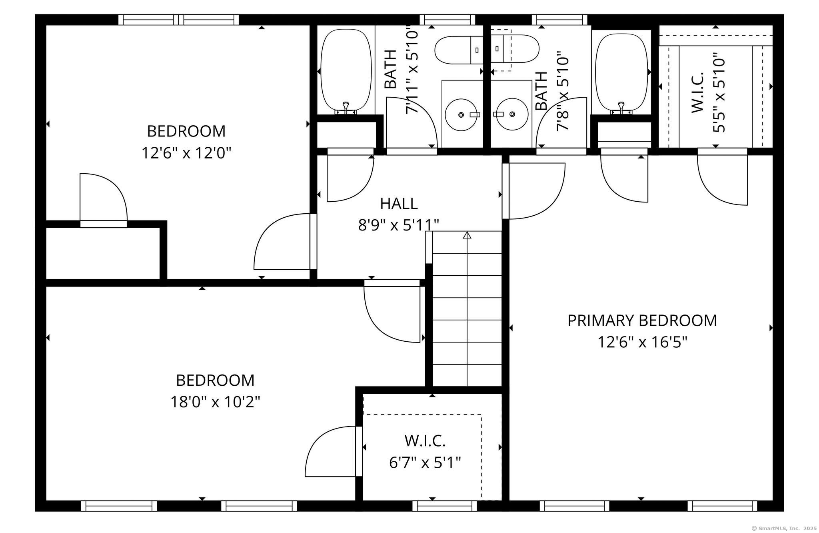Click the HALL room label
399,204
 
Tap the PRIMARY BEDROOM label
642,321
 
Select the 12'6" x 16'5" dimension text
642,343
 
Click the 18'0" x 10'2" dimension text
215,402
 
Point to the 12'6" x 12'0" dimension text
186,153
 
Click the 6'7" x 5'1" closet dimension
425,463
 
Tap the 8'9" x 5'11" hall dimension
398,225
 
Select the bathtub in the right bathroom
621,72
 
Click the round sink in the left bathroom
461,115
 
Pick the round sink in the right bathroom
512,114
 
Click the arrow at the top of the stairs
467,235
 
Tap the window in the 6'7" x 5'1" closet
445,506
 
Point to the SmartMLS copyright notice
784,528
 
